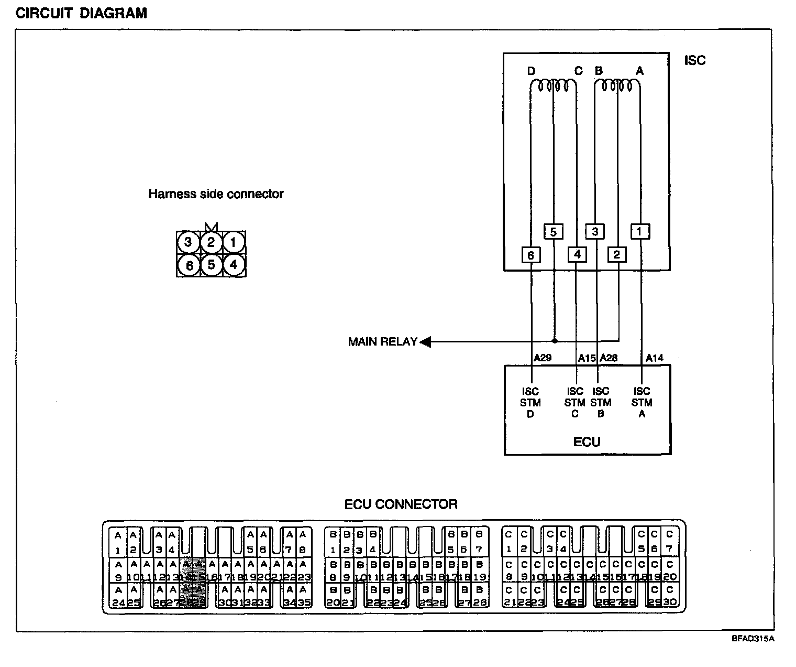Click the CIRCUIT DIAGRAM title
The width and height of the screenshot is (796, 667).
pyautogui.click(x=81, y=13)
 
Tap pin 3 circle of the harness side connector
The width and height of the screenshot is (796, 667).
pyautogui.click(x=187, y=242)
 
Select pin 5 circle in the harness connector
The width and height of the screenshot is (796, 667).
pyautogui.click(x=211, y=265)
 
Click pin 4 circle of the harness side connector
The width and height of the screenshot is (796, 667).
pyautogui.click(x=234, y=265)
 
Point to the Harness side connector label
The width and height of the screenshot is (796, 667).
pyautogui.click(x=216, y=194)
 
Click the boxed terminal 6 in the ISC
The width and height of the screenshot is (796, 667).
pyautogui.click(x=531, y=255)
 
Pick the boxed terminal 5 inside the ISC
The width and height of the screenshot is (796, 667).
pyautogui.click(x=554, y=231)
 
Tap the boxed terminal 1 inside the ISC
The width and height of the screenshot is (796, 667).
pyautogui.click(x=639, y=231)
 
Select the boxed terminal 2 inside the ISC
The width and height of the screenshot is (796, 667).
pyautogui.click(x=616, y=255)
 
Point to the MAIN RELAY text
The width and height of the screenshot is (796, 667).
pyautogui.click(x=382, y=342)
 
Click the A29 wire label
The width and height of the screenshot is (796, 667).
pyautogui.click(x=543, y=358)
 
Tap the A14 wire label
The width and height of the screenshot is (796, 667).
pyautogui.click(x=654, y=358)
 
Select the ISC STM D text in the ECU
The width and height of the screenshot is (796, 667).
pyautogui.click(x=530, y=403)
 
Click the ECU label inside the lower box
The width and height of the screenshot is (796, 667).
pyautogui.click(x=587, y=442)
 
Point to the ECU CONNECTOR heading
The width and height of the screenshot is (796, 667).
pyautogui.click(x=401, y=504)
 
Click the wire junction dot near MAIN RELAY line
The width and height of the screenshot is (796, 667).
pyautogui.click(x=554, y=340)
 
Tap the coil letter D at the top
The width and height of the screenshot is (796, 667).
pyautogui.click(x=531, y=71)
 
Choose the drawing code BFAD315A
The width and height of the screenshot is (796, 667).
pyautogui.click(x=753, y=639)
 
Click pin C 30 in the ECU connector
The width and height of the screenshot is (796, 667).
pyautogui.click(x=670, y=597)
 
